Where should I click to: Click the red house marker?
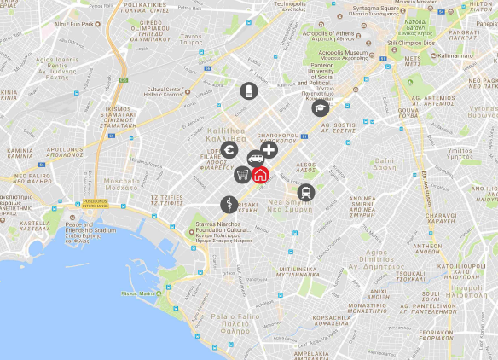261,174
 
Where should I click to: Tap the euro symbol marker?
228,151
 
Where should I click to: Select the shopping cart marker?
243,175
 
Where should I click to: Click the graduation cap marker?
320,107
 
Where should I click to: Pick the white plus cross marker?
269,151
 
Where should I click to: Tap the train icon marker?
306,193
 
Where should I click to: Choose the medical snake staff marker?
228,204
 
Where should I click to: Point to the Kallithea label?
226,134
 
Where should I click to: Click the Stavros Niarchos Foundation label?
218,230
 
